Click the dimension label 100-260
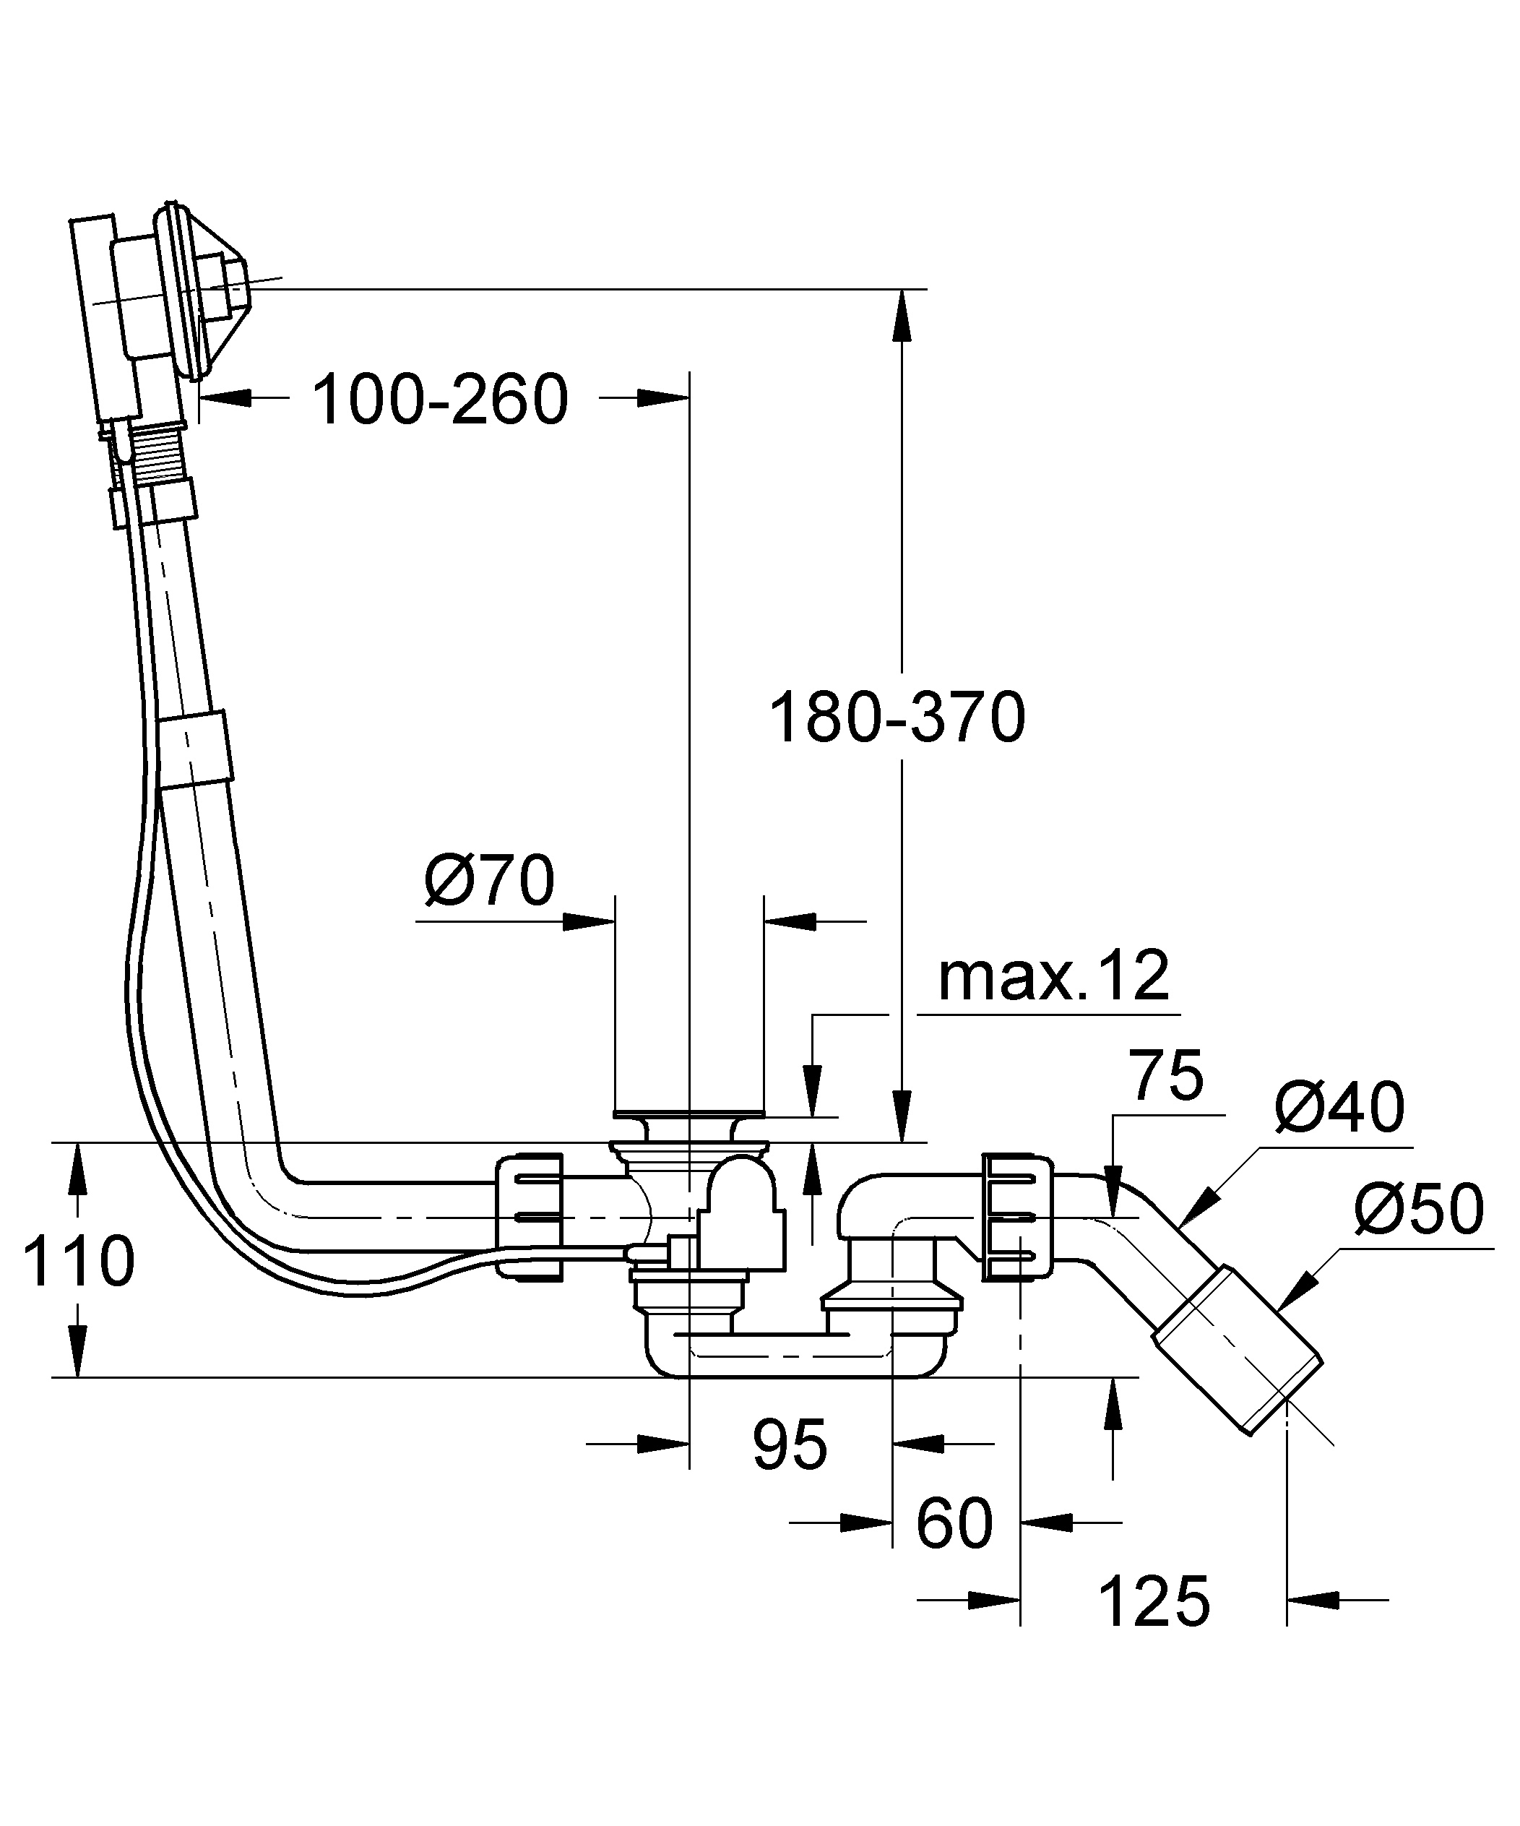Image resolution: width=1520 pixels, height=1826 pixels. pos(440,399)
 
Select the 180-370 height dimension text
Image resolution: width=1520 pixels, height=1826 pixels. pos(897,718)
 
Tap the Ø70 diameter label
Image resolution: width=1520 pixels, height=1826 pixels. pos(488,879)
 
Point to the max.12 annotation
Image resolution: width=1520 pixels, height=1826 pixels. pos(1054,976)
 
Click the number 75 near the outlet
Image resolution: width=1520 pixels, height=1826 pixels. pos(1167,1076)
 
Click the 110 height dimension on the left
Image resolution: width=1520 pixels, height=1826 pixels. pos(78,1260)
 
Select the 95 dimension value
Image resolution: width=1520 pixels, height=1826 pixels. pos(790,1444)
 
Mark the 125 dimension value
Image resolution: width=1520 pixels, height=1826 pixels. pos(1154,1601)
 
